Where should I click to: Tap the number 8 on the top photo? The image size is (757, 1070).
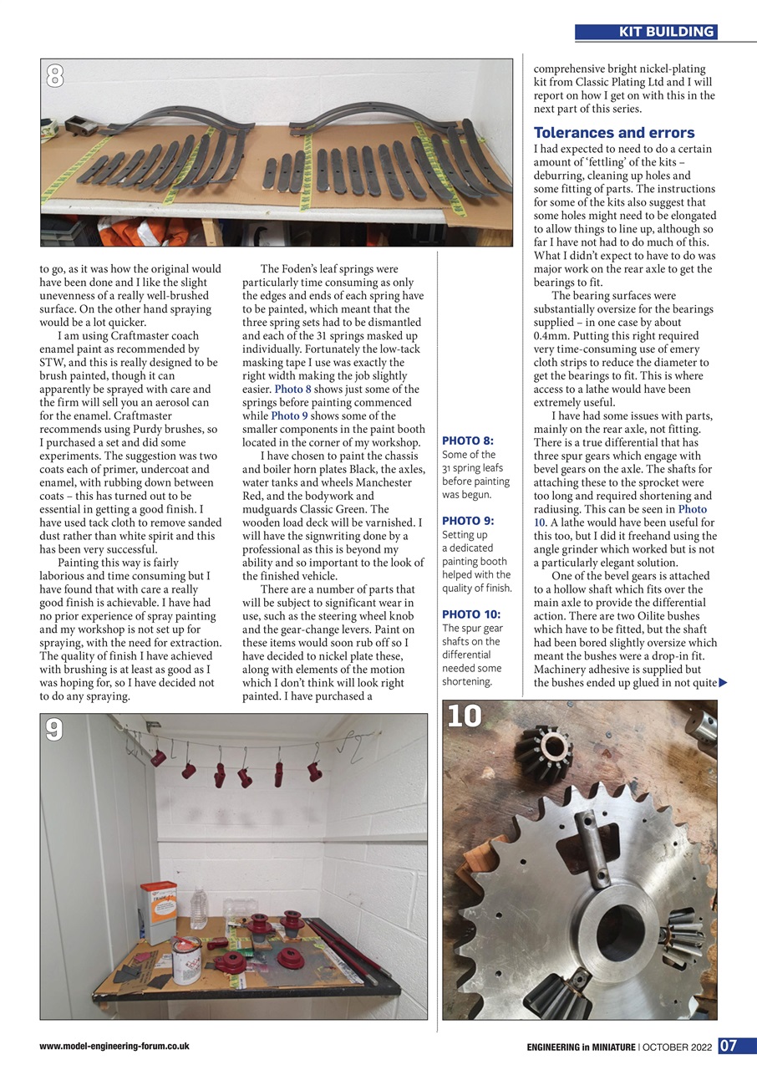point(54,77)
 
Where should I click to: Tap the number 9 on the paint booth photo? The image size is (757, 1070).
point(54,731)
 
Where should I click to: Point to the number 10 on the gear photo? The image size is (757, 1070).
point(465,716)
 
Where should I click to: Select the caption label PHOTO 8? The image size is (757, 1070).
point(467,441)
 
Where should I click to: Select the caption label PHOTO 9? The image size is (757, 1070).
point(467,521)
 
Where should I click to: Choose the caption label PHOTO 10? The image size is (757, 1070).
point(470,614)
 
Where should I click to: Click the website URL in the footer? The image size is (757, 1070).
point(114,1046)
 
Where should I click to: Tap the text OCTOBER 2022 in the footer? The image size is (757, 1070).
point(679,1047)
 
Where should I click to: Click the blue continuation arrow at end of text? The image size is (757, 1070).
point(723,683)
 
